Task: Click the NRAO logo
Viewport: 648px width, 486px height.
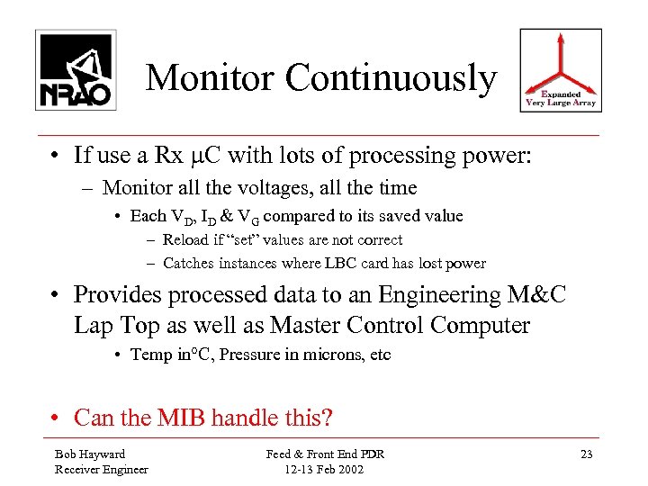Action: [x=76, y=70]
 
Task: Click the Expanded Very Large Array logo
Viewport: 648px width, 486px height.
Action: [x=561, y=70]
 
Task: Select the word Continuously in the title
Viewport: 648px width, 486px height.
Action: [x=391, y=78]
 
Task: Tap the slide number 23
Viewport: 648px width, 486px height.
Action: [x=587, y=454]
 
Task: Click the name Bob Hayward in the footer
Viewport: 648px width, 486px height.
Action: [x=90, y=454]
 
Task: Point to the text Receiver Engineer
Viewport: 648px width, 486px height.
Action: [x=102, y=469]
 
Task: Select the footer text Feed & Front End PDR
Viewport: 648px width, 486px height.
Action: [x=325, y=454]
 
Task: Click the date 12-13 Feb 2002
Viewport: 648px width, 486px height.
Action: [x=325, y=469]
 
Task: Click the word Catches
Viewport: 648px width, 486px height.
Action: [x=190, y=264]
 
